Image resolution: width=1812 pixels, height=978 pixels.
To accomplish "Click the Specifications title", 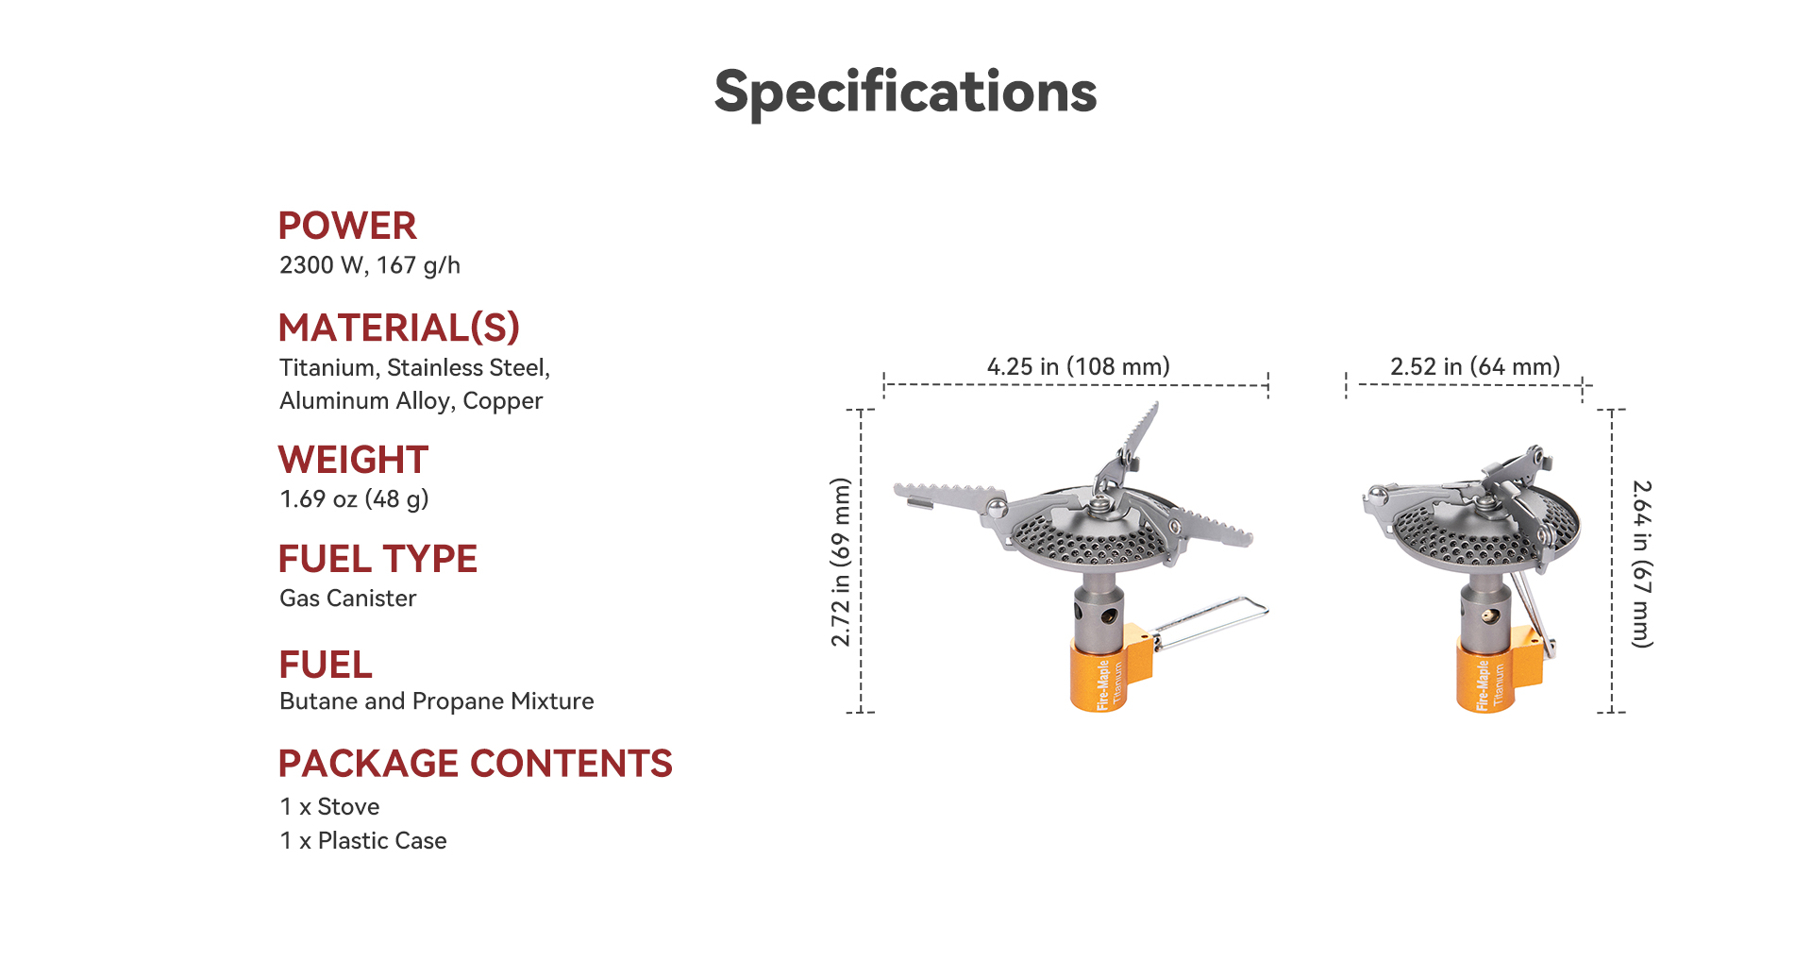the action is click(905, 93).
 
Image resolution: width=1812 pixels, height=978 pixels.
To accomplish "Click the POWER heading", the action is click(347, 226).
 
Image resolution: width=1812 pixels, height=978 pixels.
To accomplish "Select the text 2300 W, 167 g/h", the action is click(370, 265).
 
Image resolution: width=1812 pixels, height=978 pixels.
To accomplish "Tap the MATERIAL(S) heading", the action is click(399, 328).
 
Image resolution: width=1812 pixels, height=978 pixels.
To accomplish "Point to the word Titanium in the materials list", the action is click(327, 367).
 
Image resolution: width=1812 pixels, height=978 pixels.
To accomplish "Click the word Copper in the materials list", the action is click(502, 401).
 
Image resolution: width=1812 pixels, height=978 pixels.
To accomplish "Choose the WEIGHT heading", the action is click(353, 460).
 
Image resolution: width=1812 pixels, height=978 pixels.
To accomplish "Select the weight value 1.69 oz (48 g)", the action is click(354, 498).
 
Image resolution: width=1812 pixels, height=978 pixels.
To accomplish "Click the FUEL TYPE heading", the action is click(377, 559).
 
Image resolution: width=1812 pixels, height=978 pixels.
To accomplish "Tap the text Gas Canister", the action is click(347, 599).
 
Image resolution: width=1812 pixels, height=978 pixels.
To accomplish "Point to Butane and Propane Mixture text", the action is click(436, 701).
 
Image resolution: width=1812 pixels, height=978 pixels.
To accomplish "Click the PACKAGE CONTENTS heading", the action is click(475, 764).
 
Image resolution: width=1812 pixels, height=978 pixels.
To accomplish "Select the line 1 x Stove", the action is click(329, 807).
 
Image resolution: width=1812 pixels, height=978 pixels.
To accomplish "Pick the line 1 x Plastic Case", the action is click(363, 840).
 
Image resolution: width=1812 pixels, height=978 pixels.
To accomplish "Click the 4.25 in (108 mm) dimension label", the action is click(1078, 366).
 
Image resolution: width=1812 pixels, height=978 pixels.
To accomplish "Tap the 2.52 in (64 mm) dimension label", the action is click(1475, 366).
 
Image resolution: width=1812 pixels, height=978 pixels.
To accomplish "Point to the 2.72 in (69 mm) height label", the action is click(841, 562).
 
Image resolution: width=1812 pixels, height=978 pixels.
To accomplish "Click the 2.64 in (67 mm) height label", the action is click(1642, 565).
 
